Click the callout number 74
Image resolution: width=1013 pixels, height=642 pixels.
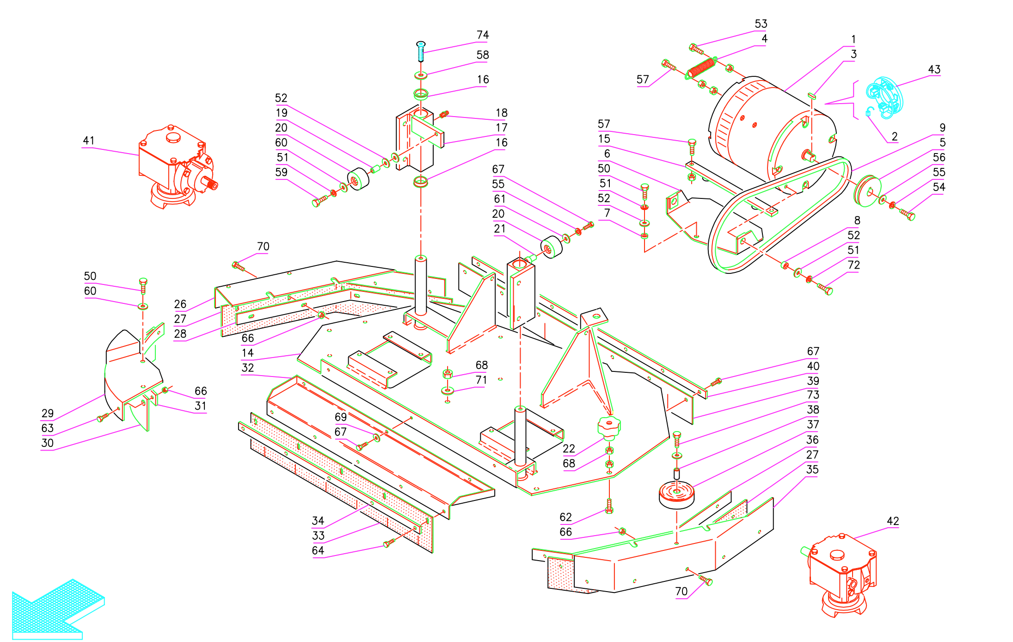[x=482, y=35]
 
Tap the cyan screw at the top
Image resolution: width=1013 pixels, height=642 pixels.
[x=421, y=51]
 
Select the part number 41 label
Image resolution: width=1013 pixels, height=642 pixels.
[x=88, y=141]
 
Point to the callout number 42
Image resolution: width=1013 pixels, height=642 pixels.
[x=892, y=521]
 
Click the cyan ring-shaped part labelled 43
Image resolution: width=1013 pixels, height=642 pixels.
[x=884, y=98]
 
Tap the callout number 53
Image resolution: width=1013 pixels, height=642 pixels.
[x=761, y=24]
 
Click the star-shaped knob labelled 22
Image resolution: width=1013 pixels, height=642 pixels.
[x=608, y=426]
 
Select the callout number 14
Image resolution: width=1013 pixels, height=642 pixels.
[x=247, y=353]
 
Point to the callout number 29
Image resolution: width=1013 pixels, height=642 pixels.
[x=47, y=414]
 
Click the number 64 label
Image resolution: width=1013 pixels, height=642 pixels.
[x=318, y=550]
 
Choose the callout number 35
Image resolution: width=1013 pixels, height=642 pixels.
[x=812, y=469]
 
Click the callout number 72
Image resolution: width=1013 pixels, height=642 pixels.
[x=853, y=265]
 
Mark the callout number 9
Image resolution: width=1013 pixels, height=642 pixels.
[x=942, y=128]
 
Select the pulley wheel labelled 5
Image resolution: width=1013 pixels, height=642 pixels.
[x=867, y=191]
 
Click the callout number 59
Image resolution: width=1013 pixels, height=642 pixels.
[x=281, y=173]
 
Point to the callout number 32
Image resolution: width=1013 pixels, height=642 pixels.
[x=247, y=368]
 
